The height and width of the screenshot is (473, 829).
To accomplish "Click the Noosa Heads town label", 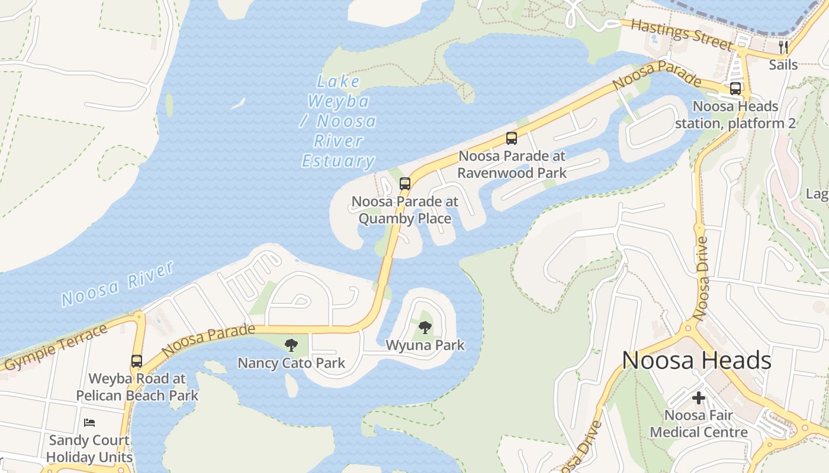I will coord(696,361).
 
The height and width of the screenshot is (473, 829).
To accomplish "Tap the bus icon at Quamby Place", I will coord(405,183).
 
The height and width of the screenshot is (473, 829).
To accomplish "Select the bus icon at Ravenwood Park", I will coord(512,138).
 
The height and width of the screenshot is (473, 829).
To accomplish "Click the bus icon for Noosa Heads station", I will coord(735,89).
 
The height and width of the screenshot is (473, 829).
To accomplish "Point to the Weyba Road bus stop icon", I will coord(137,361).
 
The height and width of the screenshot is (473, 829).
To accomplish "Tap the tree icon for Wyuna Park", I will coord(425,327).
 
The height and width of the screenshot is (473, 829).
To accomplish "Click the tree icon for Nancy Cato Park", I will coord(291,345).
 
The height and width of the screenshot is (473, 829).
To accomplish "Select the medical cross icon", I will coord(699,398).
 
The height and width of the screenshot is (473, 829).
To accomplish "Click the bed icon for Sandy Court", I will coord(89,422).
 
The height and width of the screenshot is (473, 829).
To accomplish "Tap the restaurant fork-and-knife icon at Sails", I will coord(783,47).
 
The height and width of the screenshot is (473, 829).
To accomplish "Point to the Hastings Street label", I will coord(682,34).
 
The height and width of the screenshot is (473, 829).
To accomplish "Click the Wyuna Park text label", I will coord(425,345).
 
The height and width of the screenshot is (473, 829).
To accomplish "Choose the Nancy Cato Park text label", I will coord(291,362).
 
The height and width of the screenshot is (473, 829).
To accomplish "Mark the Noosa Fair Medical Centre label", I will coord(699,424).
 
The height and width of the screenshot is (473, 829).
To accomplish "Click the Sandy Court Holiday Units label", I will coord(89,449).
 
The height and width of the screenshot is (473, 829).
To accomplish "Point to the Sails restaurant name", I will coord(783,64).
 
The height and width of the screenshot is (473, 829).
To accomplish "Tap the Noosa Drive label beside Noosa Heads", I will coord(702,278).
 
